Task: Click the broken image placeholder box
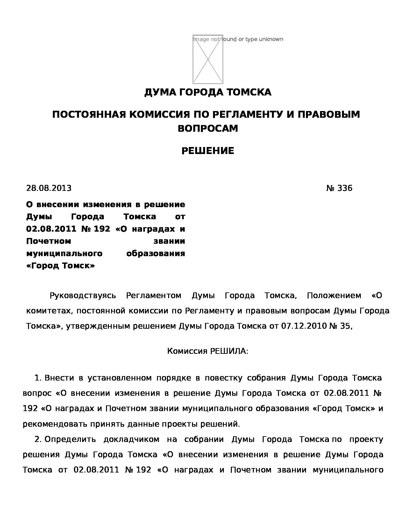click(208, 59)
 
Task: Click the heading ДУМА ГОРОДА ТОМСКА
click(208, 93)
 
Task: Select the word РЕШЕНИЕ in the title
click(208, 151)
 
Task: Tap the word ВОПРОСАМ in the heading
click(208, 129)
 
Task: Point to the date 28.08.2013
click(49, 188)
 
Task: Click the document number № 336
click(339, 188)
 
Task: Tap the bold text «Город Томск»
click(60, 266)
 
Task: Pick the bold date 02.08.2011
click(51, 229)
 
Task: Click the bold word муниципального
click(64, 254)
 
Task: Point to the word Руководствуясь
click(83, 296)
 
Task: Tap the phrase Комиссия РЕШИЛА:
click(208, 351)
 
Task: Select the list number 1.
click(38, 378)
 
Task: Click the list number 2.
click(38, 440)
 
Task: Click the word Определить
click(70, 440)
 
